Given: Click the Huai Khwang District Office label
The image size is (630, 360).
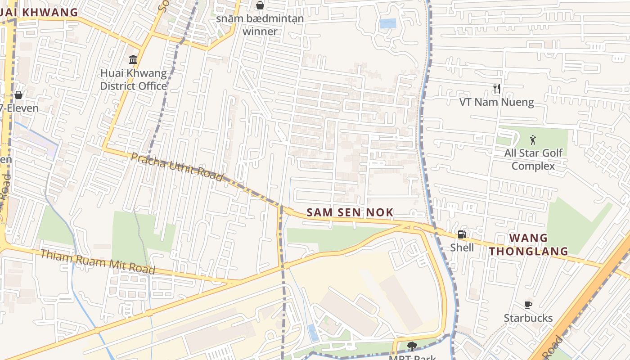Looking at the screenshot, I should (x=133, y=79).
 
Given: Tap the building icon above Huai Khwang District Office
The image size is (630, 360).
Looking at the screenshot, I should (x=133, y=59).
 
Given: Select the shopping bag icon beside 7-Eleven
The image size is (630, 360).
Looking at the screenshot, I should (x=18, y=95).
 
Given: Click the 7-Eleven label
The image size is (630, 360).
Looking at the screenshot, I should (x=19, y=108).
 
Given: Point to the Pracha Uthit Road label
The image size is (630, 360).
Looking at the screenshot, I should (x=177, y=166).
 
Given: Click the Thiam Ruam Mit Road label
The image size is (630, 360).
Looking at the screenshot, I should (x=98, y=262).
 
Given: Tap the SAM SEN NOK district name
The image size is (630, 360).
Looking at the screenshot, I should (x=350, y=212).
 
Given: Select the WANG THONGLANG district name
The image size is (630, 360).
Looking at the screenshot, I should (x=529, y=244).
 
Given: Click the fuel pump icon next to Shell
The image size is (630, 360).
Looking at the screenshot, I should (x=462, y=234).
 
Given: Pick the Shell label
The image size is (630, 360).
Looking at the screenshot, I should (x=462, y=247).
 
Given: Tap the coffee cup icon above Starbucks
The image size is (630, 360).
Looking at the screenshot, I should (x=528, y=305).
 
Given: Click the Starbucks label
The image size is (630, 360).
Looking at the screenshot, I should (x=528, y=318).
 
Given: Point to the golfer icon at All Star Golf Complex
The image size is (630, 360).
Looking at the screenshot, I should (x=533, y=140).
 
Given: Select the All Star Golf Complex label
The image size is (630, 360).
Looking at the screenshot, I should (x=533, y=159).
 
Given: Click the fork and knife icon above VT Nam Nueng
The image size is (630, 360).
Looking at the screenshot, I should (x=497, y=89).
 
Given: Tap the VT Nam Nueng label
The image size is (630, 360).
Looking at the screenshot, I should (x=497, y=102).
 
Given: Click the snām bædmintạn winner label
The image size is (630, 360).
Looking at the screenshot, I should (x=260, y=25).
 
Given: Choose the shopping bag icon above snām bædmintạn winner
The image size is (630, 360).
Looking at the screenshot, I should (x=260, y=5).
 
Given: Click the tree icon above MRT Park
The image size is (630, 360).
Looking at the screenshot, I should (x=411, y=346).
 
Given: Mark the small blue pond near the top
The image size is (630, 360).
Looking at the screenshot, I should (x=387, y=23).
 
